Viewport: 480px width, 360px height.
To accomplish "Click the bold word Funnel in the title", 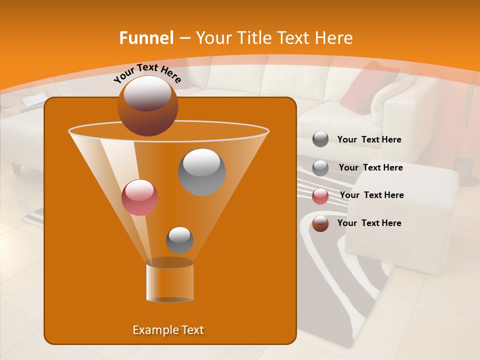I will pyautogui.click(x=146, y=38).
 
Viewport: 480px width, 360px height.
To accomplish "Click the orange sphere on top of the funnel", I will pyautogui.click(x=147, y=105).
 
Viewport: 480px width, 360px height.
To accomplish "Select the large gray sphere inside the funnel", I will pyautogui.click(x=201, y=171).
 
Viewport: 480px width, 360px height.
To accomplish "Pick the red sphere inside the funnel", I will pyautogui.click(x=139, y=197).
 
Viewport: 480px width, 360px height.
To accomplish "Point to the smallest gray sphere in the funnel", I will pyautogui.click(x=179, y=240).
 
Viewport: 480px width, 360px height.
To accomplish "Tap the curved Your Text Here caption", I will pyautogui.click(x=147, y=73).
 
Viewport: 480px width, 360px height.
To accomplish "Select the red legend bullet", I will pyautogui.click(x=320, y=196).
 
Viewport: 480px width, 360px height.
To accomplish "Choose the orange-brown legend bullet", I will pyautogui.click(x=320, y=223).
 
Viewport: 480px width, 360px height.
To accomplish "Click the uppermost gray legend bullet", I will pyautogui.click(x=320, y=139).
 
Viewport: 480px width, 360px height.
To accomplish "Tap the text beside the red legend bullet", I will pyautogui.click(x=371, y=195).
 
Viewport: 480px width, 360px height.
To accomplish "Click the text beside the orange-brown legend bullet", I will pyautogui.click(x=369, y=223).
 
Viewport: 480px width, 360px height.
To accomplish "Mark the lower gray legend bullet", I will pyautogui.click(x=320, y=168).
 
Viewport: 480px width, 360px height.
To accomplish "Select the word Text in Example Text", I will pyautogui.click(x=189, y=330).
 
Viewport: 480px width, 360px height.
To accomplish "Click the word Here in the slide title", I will pyautogui.click(x=332, y=38).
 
